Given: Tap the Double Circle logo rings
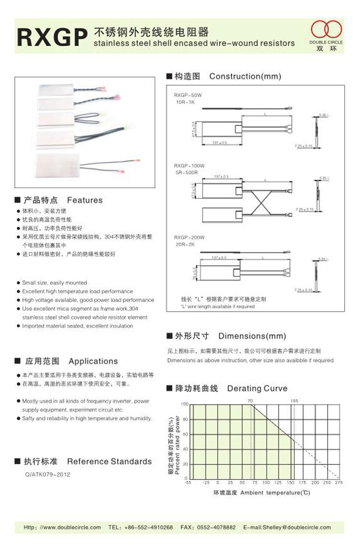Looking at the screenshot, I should tap(326, 30).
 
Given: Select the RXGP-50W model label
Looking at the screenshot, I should tap(189, 96).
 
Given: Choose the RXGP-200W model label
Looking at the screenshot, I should tap(189, 237).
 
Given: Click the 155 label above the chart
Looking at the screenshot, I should tap(294, 400).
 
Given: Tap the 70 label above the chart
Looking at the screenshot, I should tap(250, 400).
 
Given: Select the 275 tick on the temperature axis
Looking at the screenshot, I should tap(338, 482).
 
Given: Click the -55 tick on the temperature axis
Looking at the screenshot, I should tap(188, 482).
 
